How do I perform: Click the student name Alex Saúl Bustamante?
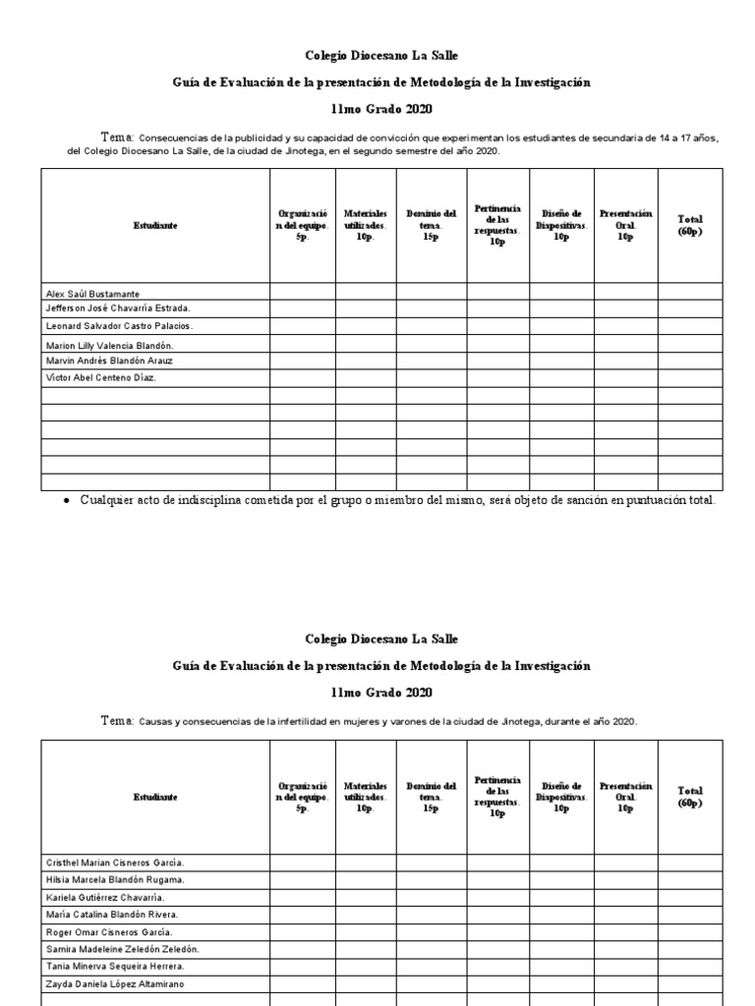point(92,294)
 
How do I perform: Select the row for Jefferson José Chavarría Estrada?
point(118,308)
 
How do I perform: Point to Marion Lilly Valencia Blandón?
point(110,346)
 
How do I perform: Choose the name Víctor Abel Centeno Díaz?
point(100,377)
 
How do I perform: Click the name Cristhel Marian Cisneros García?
point(114,862)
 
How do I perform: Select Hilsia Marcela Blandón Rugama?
point(115,879)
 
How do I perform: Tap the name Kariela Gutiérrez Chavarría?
point(105,897)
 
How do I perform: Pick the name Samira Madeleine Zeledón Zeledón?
point(122,949)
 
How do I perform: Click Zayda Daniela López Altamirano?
point(114,983)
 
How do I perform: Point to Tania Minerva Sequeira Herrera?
point(114,967)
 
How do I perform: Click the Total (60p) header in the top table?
point(690,225)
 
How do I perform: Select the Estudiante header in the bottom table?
point(155,797)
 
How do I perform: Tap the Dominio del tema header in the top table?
point(430,225)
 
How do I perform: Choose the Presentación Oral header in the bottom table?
point(625,797)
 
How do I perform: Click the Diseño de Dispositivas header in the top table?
point(561,225)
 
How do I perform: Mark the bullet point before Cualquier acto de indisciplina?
point(65,502)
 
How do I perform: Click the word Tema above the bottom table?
point(116,721)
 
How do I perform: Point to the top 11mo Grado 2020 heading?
point(381,109)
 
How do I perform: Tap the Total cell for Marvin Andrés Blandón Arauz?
point(690,362)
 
